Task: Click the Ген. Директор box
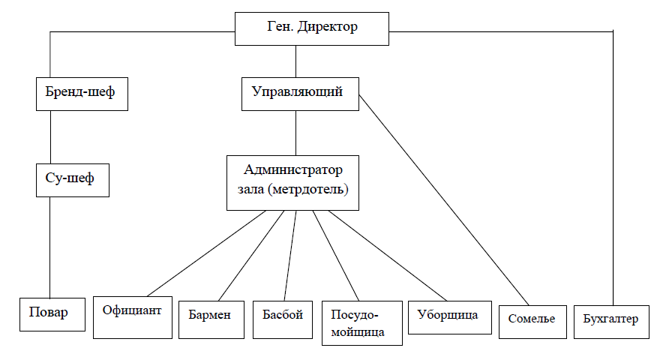(x=312, y=28)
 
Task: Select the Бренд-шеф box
(x=82, y=94)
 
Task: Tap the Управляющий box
(x=300, y=94)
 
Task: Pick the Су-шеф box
(x=73, y=180)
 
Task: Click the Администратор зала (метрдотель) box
(x=292, y=182)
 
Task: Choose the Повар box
(x=52, y=314)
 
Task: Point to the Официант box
(x=133, y=317)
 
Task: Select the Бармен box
(x=211, y=319)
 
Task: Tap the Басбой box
(x=283, y=319)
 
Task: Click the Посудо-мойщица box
(x=362, y=323)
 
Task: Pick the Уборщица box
(x=450, y=317)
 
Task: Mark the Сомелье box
(x=532, y=322)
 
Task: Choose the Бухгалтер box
(x=611, y=322)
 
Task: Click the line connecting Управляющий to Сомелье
(x=444, y=200)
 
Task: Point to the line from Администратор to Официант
(x=206, y=253)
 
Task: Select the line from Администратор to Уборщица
(x=387, y=256)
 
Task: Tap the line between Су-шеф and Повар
(x=49, y=247)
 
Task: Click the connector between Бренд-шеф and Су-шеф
(x=50, y=137)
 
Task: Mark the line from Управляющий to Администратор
(x=296, y=133)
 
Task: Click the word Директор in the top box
(x=328, y=27)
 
